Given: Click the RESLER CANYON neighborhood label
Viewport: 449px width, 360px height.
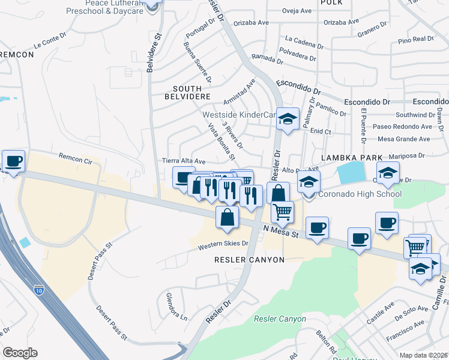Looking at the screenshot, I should click(249, 259).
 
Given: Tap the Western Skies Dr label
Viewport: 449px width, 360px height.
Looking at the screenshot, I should click(224, 244).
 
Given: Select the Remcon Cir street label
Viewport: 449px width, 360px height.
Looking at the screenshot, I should click(76, 158).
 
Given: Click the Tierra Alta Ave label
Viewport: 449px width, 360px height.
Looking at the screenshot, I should click(184, 161).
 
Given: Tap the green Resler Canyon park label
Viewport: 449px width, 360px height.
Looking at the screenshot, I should click(280, 319).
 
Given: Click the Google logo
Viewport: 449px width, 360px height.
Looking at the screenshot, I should click(20, 353).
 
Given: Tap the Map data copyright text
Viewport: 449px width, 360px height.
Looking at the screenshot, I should click(423, 355).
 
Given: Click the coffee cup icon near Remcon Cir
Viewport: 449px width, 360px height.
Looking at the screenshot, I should click(13, 160).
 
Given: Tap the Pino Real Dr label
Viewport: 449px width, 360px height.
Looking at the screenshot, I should click(415, 40).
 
